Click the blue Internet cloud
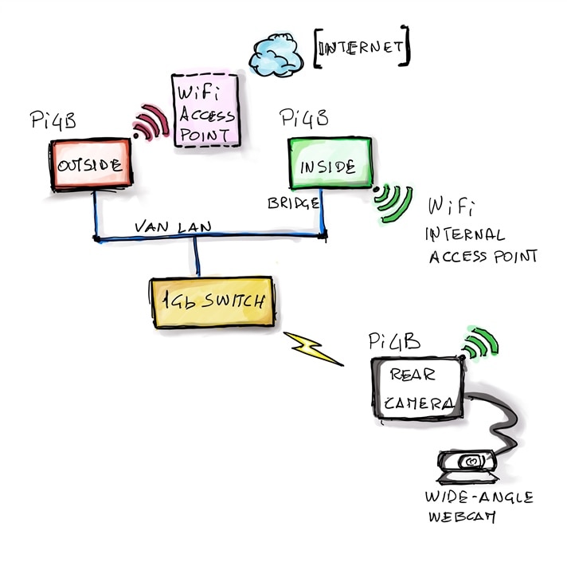click(x=276, y=55)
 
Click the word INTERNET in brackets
click(x=361, y=48)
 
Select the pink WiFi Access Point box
click(x=205, y=111)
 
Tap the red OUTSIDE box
click(x=91, y=164)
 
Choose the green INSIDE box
click(x=330, y=163)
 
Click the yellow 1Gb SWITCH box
click(x=213, y=302)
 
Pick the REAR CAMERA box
click(x=417, y=388)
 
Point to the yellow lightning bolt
click(x=312, y=348)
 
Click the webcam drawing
click(x=468, y=466)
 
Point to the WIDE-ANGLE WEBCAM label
click(x=479, y=507)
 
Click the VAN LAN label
click(x=173, y=227)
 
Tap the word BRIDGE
click(x=293, y=203)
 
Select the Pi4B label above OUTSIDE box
click(x=53, y=120)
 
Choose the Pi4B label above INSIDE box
click(x=304, y=118)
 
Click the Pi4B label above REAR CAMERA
click(x=394, y=341)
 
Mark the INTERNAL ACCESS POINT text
click(x=481, y=246)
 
